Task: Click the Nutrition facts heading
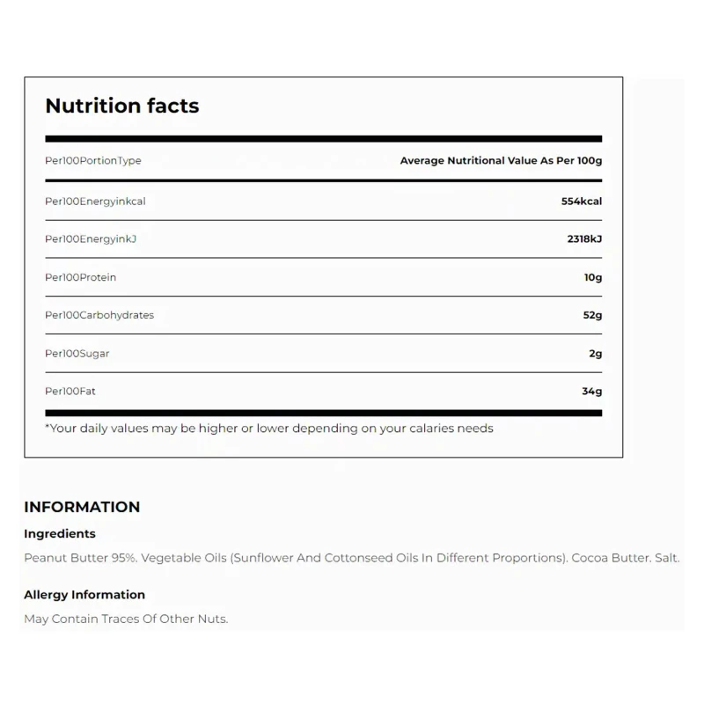tap(122, 106)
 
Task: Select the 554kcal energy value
tap(581, 202)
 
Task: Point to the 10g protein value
tap(591, 277)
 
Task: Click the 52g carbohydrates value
tap(591, 315)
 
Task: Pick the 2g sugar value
tap(595, 354)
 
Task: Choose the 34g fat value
tap(591, 392)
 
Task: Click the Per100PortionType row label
tap(93, 161)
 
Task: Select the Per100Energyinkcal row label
tap(95, 202)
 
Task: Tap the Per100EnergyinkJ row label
tap(92, 239)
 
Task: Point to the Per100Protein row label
tap(80, 277)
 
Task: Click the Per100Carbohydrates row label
tap(99, 315)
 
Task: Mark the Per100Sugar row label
tap(77, 354)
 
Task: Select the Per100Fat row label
tap(70, 392)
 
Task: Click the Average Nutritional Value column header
tap(501, 161)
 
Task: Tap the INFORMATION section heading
tap(82, 507)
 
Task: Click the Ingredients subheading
tap(60, 533)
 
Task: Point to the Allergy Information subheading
tap(84, 595)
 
